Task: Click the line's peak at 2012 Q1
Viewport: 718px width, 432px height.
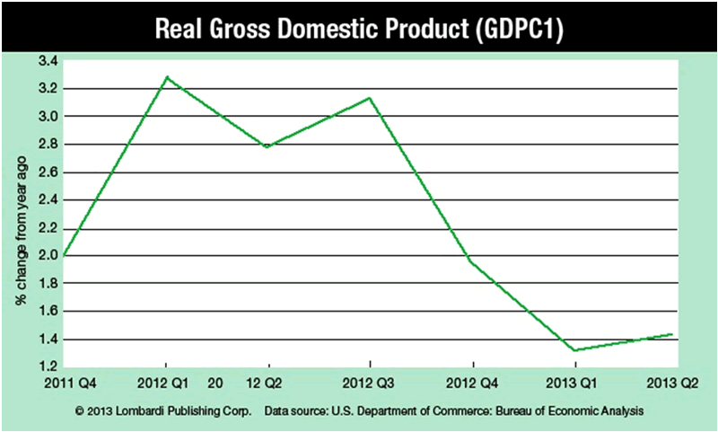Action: (166, 77)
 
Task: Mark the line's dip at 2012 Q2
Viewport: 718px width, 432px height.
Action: (268, 147)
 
